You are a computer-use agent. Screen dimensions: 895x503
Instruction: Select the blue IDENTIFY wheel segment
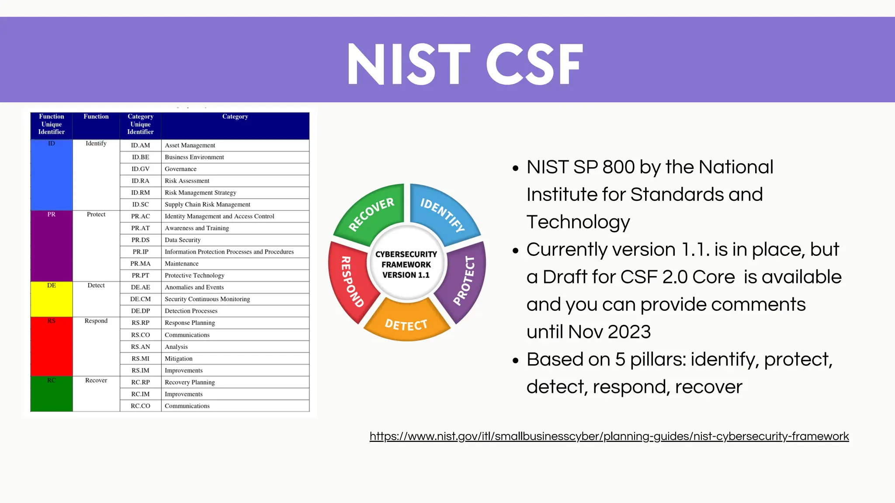coord(443,214)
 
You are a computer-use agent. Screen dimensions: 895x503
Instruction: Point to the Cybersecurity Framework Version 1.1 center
coord(406,264)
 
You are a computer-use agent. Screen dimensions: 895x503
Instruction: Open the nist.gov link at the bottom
coord(609,436)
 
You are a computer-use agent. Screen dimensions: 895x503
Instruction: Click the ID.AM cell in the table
coord(140,145)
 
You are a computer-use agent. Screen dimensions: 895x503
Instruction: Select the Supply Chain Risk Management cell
coord(208,204)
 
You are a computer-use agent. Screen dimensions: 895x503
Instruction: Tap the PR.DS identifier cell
coord(140,240)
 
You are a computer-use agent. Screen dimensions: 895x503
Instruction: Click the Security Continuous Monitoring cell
coord(208,299)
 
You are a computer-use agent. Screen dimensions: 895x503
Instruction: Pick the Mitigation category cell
coord(179,358)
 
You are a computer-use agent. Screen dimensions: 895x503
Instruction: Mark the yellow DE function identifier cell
coord(52,299)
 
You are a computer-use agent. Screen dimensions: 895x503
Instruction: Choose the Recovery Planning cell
coord(190,382)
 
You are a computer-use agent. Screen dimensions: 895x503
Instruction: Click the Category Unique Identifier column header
coord(140,124)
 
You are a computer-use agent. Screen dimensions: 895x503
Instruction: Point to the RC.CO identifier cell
coord(140,406)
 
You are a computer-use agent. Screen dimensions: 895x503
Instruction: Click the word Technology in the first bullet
coord(578,222)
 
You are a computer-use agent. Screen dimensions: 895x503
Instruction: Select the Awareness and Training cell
coord(197,228)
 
